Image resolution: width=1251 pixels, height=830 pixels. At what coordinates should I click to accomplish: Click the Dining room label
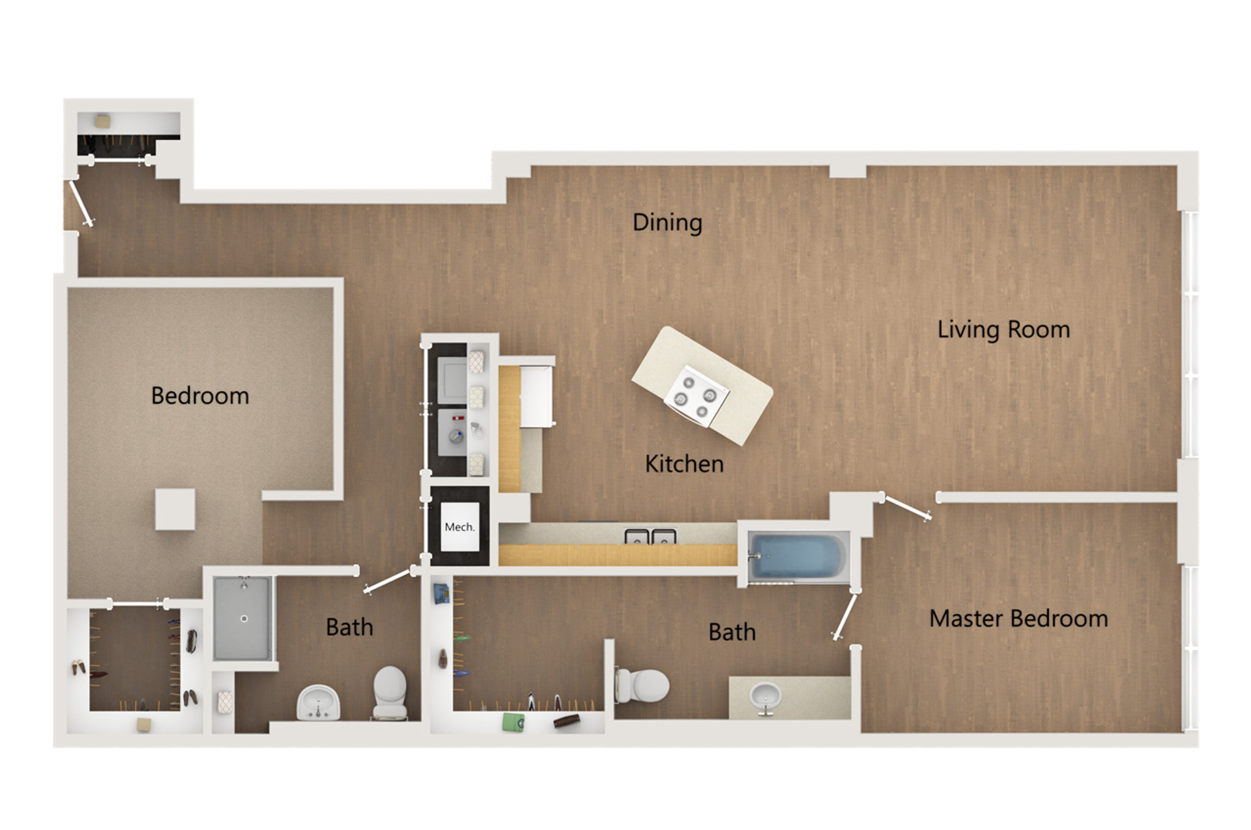[x=667, y=222]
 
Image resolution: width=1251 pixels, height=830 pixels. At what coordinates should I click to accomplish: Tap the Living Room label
[x=1003, y=329]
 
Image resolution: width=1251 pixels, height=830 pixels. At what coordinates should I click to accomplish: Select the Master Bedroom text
[x=1018, y=618]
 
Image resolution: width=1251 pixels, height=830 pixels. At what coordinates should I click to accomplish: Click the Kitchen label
[x=684, y=463]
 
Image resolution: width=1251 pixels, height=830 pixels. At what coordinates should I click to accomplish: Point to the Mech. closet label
[x=459, y=527]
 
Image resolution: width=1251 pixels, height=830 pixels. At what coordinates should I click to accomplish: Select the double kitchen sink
[x=650, y=537]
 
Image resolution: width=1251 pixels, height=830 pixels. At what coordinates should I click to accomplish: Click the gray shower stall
[x=242, y=618]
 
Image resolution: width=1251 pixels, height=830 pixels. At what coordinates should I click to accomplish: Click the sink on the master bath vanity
[x=765, y=696]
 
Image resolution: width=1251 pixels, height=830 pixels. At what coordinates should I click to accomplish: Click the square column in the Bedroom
[x=175, y=509]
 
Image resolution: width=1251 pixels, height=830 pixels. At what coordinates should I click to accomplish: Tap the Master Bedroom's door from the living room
[x=906, y=509]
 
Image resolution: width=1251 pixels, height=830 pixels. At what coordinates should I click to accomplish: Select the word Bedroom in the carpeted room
[x=199, y=395]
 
